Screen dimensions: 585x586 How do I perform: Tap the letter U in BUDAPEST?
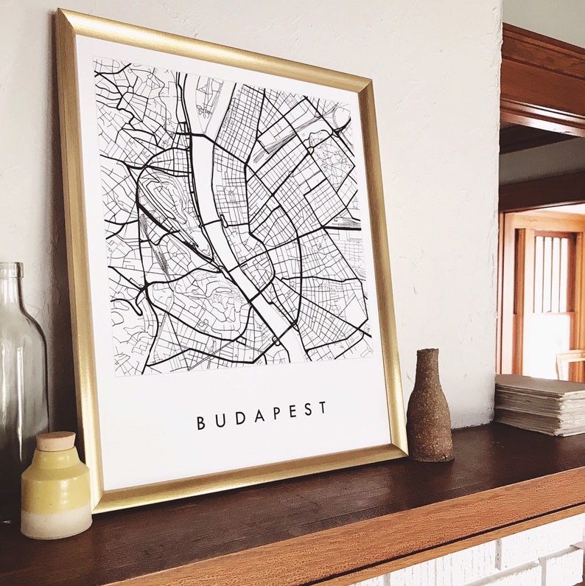click(x=219, y=421)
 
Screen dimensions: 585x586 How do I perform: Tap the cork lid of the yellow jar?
click(x=55, y=441)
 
